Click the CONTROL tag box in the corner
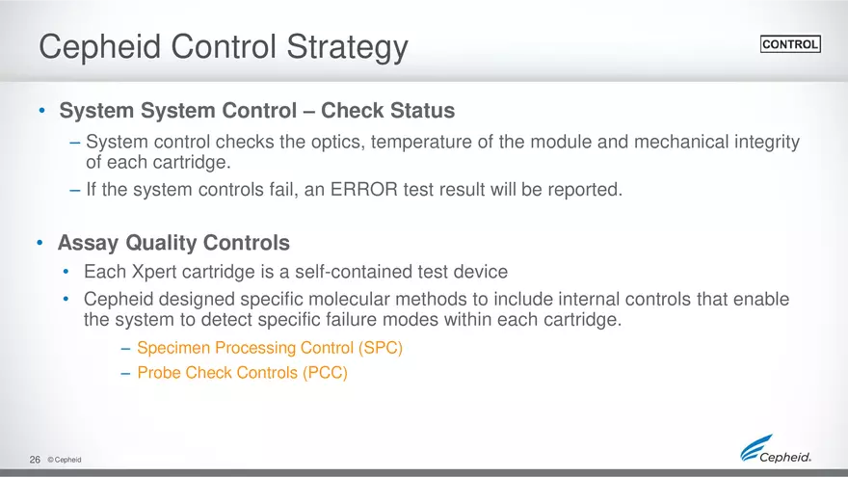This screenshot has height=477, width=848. pyautogui.click(x=790, y=44)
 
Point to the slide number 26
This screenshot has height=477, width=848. pyautogui.click(x=35, y=461)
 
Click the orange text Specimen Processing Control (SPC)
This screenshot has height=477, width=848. pyautogui.click(x=270, y=348)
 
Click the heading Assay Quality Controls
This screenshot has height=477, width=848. pyautogui.click(x=173, y=243)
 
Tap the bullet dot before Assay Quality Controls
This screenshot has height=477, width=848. pyautogui.click(x=40, y=244)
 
